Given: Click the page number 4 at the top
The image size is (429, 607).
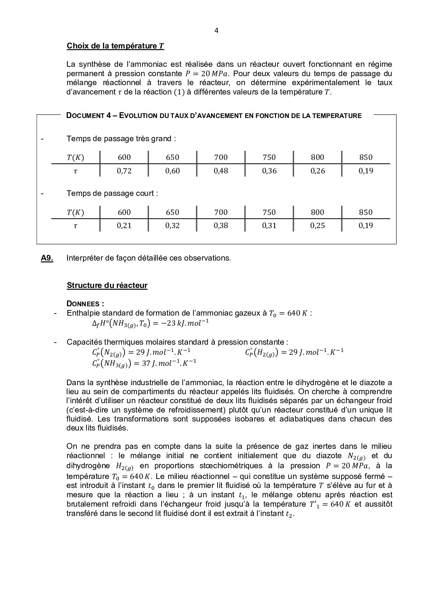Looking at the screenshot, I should (217, 30).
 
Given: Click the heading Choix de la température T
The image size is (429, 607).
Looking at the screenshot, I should (115, 46).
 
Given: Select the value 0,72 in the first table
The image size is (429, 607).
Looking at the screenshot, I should (124, 171).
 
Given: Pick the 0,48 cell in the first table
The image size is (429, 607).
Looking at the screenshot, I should (221, 171).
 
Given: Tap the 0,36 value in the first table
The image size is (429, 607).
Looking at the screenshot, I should (269, 171).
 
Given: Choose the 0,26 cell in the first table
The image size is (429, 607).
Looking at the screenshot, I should (318, 171).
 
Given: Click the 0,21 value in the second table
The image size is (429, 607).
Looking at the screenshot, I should (124, 225).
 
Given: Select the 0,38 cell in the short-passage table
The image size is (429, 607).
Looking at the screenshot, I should (221, 225).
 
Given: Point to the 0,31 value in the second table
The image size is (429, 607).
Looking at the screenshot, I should (269, 225).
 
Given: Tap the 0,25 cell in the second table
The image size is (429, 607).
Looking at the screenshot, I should (318, 225).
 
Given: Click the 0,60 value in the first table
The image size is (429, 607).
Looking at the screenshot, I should (172, 171).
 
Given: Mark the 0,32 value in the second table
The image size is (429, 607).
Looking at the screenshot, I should (172, 225).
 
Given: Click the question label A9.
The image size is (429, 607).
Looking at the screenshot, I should (47, 258).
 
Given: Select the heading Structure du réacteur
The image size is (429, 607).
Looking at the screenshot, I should (107, 286).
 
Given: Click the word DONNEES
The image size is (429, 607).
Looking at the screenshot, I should (85, 304).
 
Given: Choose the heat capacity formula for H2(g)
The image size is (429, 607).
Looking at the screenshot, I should (294, 352).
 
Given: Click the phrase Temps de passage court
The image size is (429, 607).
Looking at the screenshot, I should (112, 193).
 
